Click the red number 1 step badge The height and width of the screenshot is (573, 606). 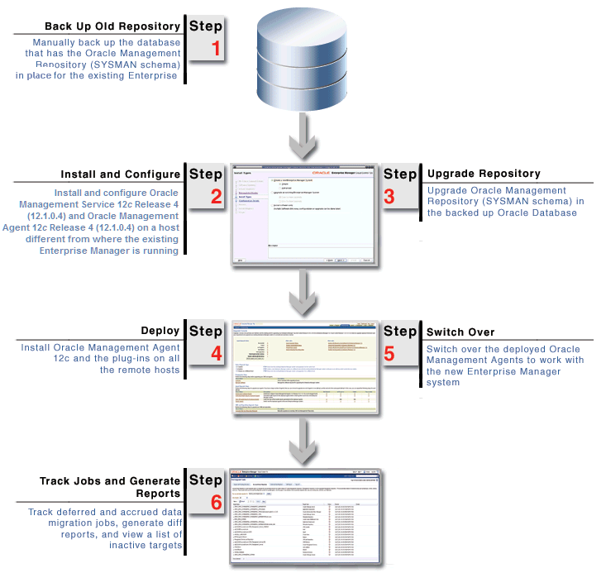point(217,48)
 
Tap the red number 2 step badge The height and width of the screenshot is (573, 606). point(217,196)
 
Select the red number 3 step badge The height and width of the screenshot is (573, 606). point(389,196)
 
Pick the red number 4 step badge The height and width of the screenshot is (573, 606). point(217,352)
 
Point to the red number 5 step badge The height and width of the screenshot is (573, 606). point(389,352)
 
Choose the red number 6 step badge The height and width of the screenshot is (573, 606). point(217,501)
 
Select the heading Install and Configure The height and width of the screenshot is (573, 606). point(120,174)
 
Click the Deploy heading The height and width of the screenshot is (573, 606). point(160,332)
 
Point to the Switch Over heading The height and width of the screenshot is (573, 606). point(460,332)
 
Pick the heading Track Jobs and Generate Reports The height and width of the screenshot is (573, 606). point(110,487)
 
